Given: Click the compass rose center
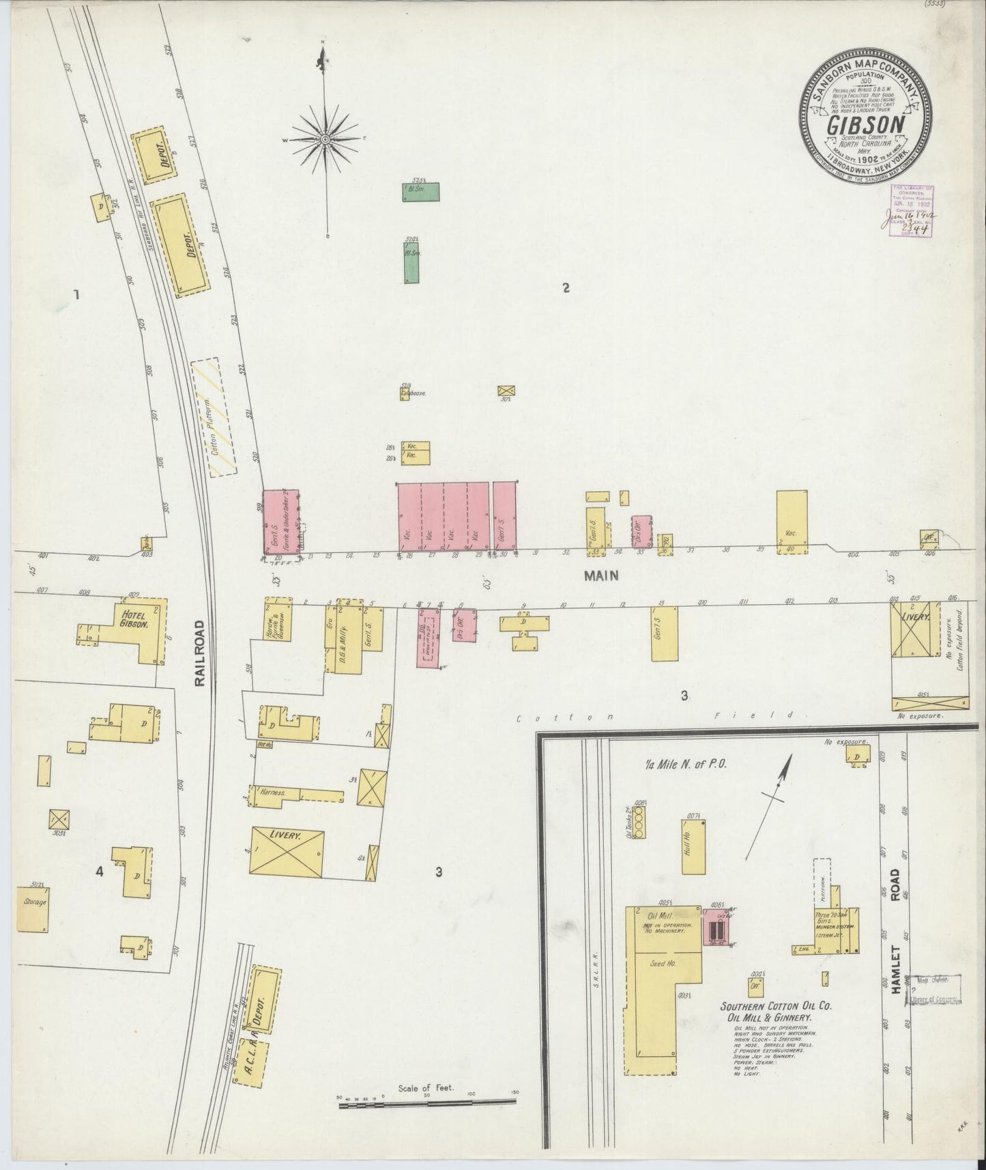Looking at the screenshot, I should coord(325,139).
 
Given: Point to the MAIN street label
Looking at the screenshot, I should coord(600,575).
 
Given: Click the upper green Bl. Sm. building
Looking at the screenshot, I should coord(420,191).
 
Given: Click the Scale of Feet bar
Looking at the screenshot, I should coord(428,1104).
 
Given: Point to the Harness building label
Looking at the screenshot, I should coord(273,793).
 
